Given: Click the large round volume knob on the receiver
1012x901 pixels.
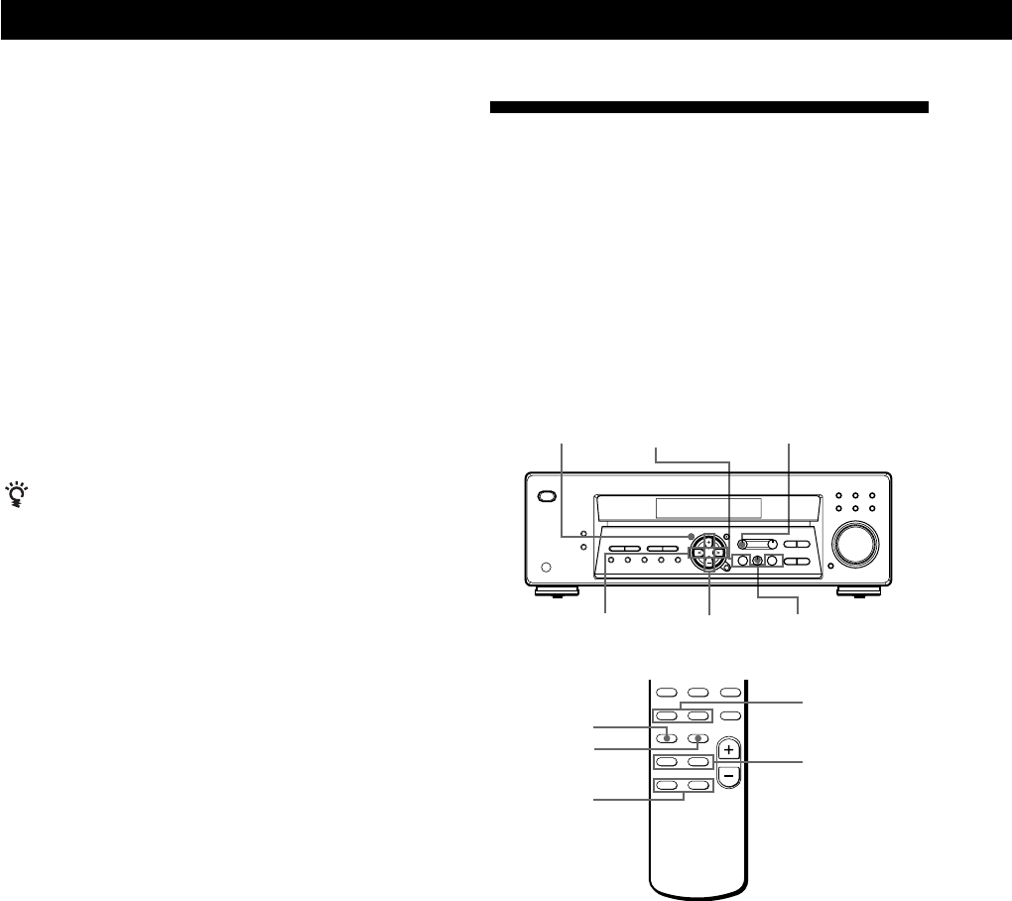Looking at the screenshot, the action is (856, 544).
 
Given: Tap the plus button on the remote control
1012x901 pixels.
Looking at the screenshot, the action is (729, 748).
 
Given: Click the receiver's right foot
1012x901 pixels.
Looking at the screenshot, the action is (857, 592).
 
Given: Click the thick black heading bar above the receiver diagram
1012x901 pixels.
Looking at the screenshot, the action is (708, 106).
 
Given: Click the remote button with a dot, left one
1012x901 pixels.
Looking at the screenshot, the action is (669, 737).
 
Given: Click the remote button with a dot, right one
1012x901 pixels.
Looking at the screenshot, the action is (698, 737).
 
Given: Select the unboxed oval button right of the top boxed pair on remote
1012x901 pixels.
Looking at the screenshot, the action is (731, 715).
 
